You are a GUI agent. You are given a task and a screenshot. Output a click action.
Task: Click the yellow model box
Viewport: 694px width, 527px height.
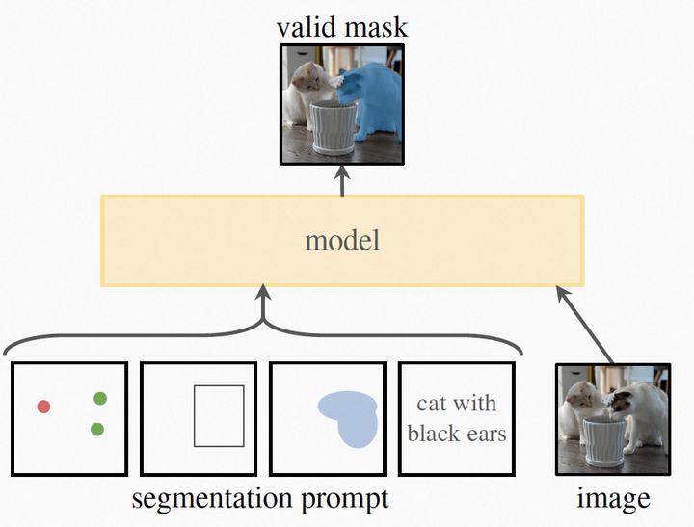point(342,241)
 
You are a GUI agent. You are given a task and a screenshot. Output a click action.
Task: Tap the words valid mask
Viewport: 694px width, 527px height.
point(342,26)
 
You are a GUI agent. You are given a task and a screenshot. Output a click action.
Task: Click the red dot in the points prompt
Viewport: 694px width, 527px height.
point(43,407)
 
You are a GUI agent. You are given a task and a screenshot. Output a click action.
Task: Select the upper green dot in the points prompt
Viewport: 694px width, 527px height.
point(100,398)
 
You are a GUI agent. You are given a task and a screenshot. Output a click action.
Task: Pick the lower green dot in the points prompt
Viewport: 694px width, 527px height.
point(97,429)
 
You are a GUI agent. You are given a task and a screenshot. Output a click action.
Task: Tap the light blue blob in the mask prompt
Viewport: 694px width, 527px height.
point(349,417)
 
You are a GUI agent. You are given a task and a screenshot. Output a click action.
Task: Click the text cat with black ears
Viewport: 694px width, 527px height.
point(457,418)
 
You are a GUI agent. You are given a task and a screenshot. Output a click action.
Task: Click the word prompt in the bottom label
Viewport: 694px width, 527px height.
point(342,499)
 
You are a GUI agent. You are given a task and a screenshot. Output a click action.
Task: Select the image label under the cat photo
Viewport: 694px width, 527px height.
point(613,499)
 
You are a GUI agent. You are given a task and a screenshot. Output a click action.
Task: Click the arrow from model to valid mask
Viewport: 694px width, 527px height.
point(341,180)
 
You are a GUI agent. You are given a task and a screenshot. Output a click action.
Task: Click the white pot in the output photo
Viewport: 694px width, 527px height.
point(333,129)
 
